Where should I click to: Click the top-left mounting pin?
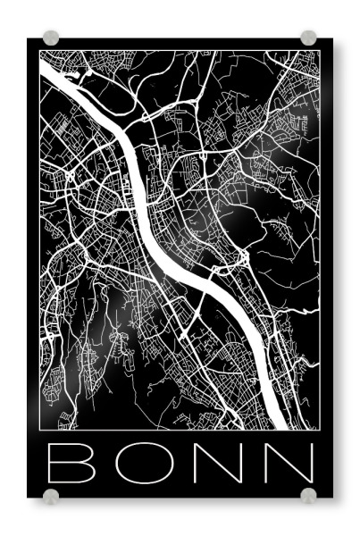coord(51,38)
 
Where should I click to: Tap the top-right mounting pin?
coord(308,38)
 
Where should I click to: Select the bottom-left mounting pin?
coord(51,494)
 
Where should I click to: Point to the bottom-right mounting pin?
coord(308,494)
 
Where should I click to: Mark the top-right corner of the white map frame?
coord(320,51)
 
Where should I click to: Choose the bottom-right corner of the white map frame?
coord(320,430)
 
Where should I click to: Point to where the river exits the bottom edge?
coord(277,428)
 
